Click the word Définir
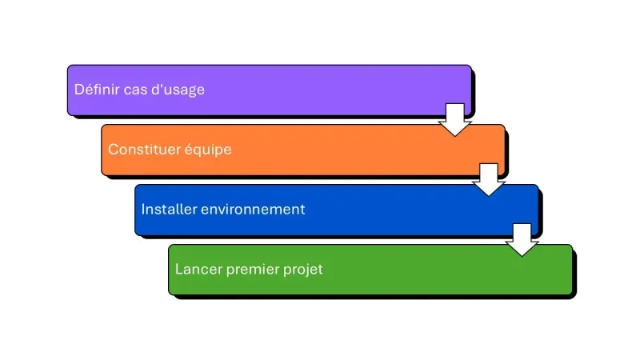tap(97, 90)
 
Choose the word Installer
tap(169, 210)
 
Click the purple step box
tap(320, 90)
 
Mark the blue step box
tap(384, 210)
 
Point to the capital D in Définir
tap(79, 90)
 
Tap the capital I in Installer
tap(144, 210)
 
